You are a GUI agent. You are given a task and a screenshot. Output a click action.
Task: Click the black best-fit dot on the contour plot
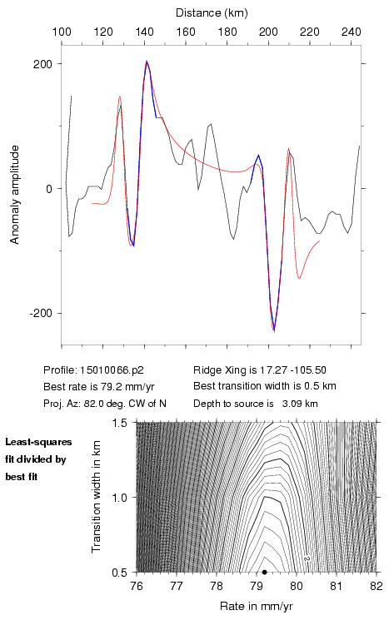[x=264, y=572]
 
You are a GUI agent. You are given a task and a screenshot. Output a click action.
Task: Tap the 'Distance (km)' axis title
[x=212, y=13]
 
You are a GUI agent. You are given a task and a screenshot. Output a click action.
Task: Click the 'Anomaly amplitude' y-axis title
[x=15, y=195]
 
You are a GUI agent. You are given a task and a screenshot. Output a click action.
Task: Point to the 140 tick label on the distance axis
[x=144, y=32]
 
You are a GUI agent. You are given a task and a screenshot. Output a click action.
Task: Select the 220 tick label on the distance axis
[x=310, y=32]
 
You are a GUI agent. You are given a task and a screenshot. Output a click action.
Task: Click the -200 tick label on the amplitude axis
[x=41, y=313]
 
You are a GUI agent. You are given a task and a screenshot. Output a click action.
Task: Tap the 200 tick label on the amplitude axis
[x=42, y=64]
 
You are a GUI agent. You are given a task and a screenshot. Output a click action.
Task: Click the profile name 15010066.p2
[x=112, y=370]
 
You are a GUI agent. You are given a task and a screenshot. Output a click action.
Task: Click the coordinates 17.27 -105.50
[x=293, y=370]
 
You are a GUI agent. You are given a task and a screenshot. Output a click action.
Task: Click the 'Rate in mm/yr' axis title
[x=256, y=606]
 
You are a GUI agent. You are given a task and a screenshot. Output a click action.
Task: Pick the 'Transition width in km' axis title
[x=96, y=497]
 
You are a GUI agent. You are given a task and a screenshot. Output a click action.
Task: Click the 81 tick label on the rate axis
[x=336, y=586]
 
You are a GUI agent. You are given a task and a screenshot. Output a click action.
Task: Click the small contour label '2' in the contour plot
[x=307, y=558]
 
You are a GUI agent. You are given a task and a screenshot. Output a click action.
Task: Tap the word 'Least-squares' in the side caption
[x=38, y=442]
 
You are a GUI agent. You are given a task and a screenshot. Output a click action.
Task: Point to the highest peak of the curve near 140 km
[x=147, y=62]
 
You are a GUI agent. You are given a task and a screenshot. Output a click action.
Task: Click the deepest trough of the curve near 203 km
[x=274, y=331]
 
